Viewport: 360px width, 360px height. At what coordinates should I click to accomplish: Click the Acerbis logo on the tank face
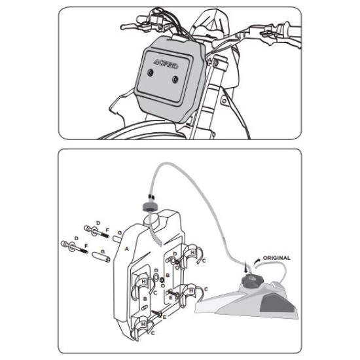(x=166, y=64)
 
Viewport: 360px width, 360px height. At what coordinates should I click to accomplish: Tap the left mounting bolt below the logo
(x=151, y=73)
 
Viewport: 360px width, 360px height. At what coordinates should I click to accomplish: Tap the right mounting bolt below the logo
(x=175, y=80)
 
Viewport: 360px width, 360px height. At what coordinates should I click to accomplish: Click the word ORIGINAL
(x=276, y=258)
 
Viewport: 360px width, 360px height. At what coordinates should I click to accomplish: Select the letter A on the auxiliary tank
(x=127, y=249)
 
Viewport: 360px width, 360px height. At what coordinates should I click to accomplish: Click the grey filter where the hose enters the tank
(x=150, y=206)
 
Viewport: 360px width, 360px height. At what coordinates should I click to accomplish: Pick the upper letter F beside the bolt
(x=107, y=230)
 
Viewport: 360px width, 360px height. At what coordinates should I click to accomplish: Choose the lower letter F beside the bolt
(x=86, y=246)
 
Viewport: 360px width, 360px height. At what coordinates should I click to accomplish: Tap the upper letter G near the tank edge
(x=120, y=233)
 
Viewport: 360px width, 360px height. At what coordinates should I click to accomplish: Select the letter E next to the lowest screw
(x=164, y=317)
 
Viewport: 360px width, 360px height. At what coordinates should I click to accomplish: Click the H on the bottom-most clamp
(x=143, y=324)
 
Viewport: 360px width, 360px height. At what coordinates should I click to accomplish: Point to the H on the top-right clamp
(x=192, y=252)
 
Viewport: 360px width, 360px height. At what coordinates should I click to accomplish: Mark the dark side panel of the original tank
(x=277, y=303)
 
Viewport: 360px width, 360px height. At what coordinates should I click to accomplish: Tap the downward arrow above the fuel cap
(x=246, y=267)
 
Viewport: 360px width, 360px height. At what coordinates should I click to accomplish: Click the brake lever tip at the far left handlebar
(x=122, y=27)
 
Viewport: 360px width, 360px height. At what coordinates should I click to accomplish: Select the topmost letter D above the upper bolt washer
(x=98, y=223)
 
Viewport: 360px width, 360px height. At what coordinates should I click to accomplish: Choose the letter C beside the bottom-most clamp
(x=153, y=333)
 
